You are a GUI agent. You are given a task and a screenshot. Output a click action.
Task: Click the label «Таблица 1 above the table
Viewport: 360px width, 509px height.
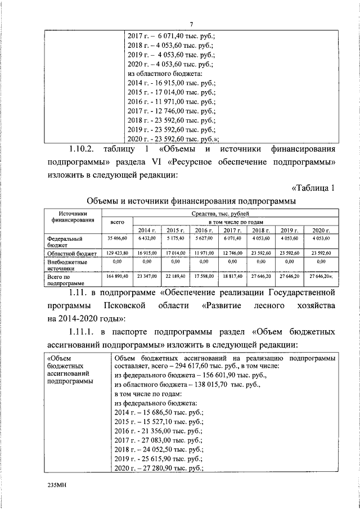pyautogui.click(x=312, y=187)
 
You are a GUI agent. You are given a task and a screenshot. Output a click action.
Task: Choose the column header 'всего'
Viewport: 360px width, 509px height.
pyautogui.click(x=117, y=222)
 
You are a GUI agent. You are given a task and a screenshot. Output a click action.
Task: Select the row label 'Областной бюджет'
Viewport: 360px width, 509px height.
pyautogui.click(x=72, y=254)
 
